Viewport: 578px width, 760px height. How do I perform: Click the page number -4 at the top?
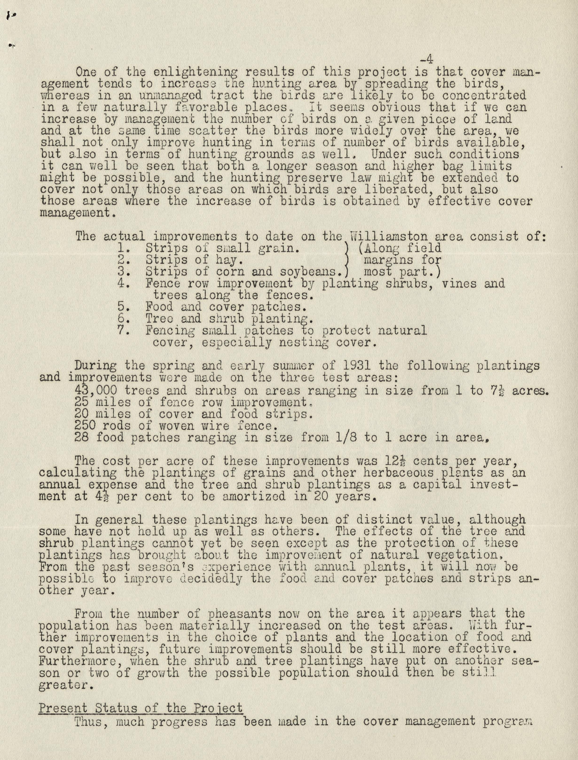pos(426,59)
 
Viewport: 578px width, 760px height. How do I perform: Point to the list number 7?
pos(122,331)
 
